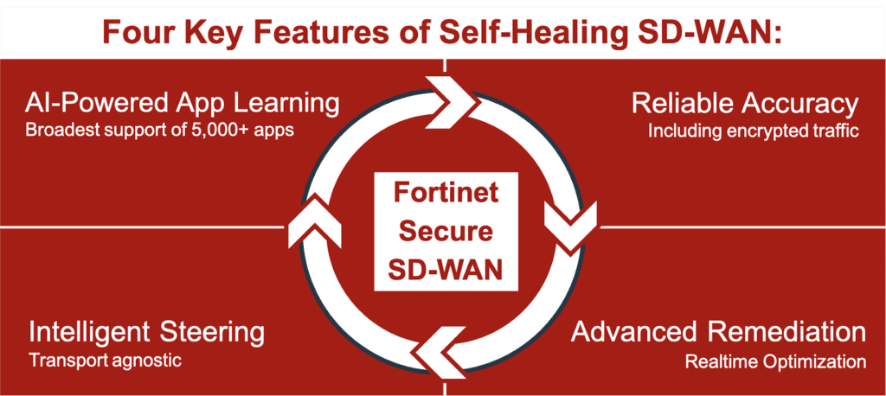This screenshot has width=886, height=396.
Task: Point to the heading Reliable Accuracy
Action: coord(745,104)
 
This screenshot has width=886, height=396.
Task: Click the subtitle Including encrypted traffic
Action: coord(754,131)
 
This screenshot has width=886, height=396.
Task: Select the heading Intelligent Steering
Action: coord(147,333)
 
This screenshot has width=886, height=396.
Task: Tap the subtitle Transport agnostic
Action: coord(106,361)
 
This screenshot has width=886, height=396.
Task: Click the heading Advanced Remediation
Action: coord(718,332)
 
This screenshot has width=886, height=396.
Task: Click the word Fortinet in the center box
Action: coord(446,193)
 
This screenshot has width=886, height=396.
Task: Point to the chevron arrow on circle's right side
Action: coord(571,225)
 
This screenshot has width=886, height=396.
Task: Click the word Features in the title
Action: coord(320,33)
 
